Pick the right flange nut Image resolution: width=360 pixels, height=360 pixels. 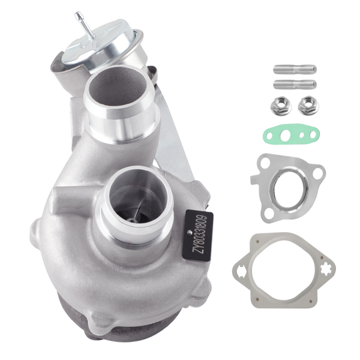click(x=308, y=106)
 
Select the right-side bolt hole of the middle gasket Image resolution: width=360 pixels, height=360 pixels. click(x=319, y=173)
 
